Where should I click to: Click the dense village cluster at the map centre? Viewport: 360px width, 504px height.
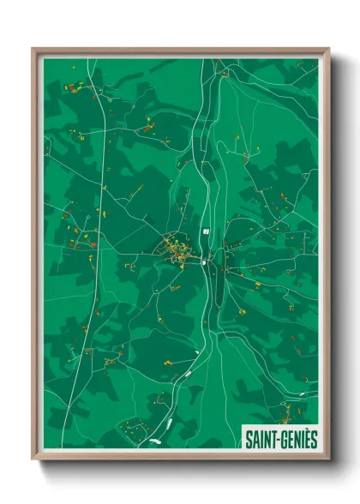(176, 250)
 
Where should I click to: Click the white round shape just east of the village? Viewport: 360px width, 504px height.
(203, 265)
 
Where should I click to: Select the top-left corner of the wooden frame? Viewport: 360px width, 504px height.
(33, 49)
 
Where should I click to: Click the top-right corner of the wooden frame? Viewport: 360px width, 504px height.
(328, 49)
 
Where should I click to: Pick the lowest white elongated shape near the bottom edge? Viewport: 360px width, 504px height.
(155, 441)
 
